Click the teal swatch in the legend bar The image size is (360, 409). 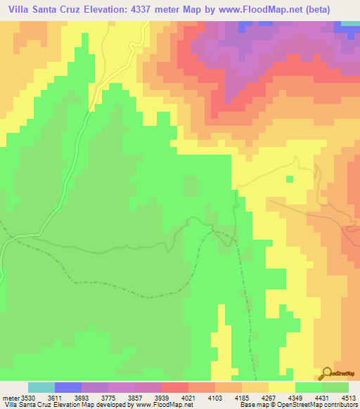[x=41, y=388]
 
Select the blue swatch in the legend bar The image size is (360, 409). [x=68, y=388]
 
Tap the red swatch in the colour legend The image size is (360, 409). [x=175, y=388]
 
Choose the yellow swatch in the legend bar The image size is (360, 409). [x=282, y=388]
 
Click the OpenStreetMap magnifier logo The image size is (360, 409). [x=327, y=372]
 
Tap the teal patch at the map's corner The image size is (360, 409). [x=350, y=23]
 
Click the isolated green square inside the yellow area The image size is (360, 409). [x=289, y=178]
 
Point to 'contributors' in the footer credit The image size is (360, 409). [x=342, y=405]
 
